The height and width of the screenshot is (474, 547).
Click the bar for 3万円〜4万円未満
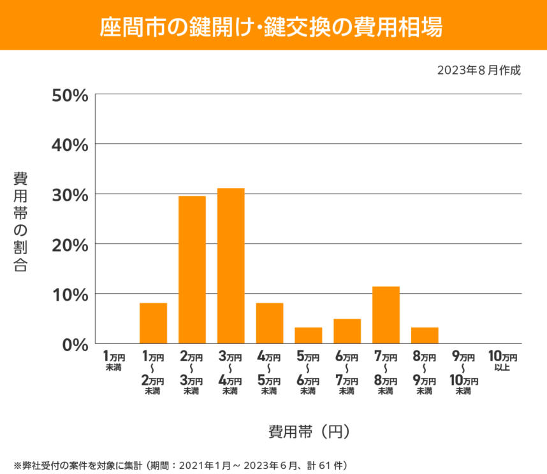[231, 266]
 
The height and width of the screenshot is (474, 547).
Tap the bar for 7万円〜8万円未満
[386, 315]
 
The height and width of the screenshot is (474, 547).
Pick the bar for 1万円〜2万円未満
[153, 323]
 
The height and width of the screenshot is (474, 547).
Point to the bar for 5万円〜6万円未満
[308, 335]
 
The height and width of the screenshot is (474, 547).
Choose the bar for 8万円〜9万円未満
[425, 335]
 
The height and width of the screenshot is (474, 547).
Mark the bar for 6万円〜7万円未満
[347, 331]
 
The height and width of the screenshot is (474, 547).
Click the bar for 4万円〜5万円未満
[269, 323]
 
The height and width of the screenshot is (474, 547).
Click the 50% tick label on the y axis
[69, 95]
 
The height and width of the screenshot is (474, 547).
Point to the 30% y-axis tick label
[69, 194]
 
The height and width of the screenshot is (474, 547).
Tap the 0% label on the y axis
[75, 345]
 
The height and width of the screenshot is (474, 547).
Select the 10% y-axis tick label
[69, 294]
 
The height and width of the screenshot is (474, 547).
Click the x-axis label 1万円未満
[114, 362]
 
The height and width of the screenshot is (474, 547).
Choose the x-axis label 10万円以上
[502, 362]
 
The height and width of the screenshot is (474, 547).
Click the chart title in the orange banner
[273, 27]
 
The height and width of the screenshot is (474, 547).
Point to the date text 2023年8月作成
[479, 70]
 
